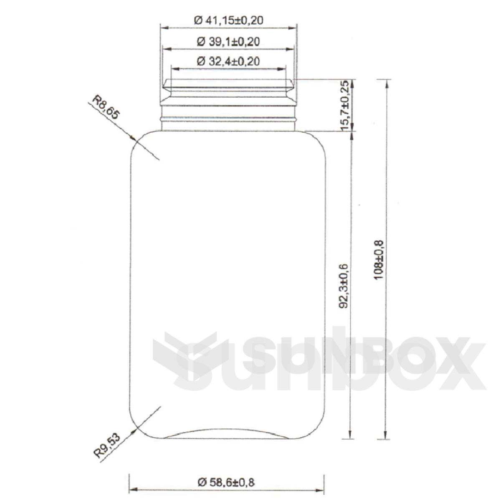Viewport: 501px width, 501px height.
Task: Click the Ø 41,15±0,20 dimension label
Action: pos(229,20)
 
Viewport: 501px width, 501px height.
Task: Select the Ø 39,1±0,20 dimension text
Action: pos(228,41)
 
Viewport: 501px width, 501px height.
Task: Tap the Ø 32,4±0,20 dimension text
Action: pos(228,61)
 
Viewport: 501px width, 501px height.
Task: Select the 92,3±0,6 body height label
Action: pos(345,286)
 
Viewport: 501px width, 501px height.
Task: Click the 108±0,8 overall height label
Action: pos(380,259)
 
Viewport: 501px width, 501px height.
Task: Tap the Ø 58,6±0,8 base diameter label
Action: pos(226,482)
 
